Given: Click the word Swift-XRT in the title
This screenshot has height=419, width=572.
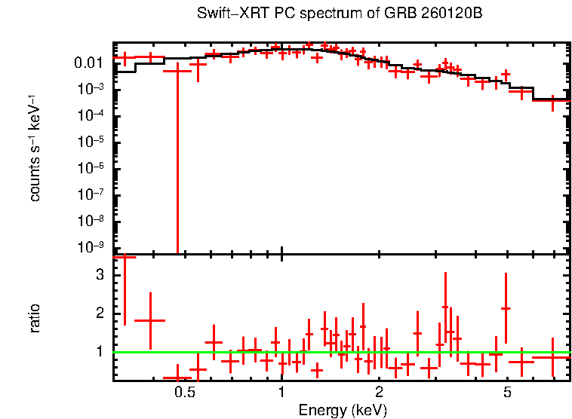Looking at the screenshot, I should coord(226,14).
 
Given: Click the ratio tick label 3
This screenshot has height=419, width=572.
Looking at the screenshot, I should coord(98,275).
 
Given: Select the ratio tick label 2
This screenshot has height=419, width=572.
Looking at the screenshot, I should coord(98,313).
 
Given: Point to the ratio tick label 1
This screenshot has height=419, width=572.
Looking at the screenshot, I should coord(98,351).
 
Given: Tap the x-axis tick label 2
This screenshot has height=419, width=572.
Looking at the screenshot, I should coord(379,393).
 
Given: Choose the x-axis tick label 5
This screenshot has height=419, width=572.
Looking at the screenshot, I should coord(507,393).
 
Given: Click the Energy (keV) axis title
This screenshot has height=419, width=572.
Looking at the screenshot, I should coord(343,410).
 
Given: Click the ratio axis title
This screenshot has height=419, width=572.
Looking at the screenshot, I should coord(35,318).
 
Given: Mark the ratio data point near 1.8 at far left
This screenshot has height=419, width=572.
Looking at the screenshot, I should coord(150,320).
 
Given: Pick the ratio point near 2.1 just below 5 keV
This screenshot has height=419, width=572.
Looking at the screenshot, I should coord(506,308).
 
